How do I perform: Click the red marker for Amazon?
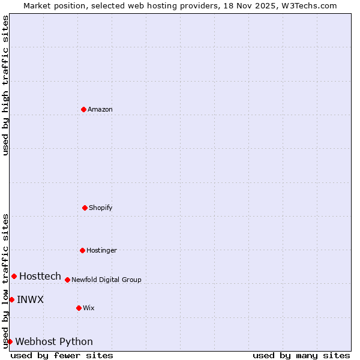click(83, 109)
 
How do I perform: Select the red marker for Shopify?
click(85, 208)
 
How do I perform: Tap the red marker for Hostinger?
click(82, 250)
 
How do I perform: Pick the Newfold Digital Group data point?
click(67, 280)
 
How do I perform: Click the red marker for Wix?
click(79, 308)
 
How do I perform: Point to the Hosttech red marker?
click(14, 276)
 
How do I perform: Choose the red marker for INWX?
click(11, 299)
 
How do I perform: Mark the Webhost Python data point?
click(10, 341)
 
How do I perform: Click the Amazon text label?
click(100, 109)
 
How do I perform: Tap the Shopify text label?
click(101, 208)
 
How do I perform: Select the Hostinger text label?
click(101, 250)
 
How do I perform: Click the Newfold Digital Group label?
click(107, 280)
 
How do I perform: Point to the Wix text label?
click(89, 308)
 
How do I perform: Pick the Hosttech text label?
click(40, 276)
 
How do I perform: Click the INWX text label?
click(30, 299)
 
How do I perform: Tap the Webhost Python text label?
click(54, 341)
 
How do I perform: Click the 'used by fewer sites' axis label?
click(62, 355)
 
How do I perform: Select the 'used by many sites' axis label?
click(301, 355)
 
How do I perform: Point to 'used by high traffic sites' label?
click(5, 85)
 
